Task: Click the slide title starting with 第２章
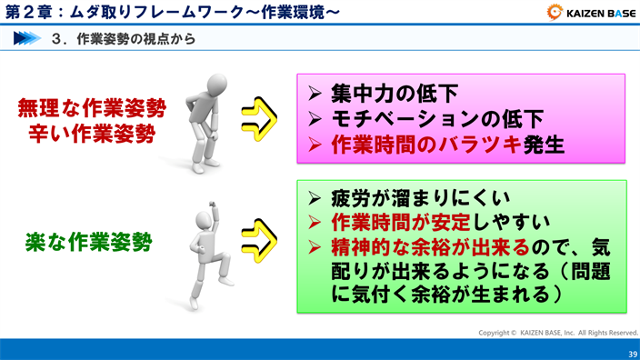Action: click(x=173, y=13)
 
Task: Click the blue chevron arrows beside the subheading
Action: click(x=28, y=39)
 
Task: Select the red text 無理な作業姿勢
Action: click(x=92, y=108)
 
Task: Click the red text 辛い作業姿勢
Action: click(x=92, y=135)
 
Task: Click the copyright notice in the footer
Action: click(x=558, y=333)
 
